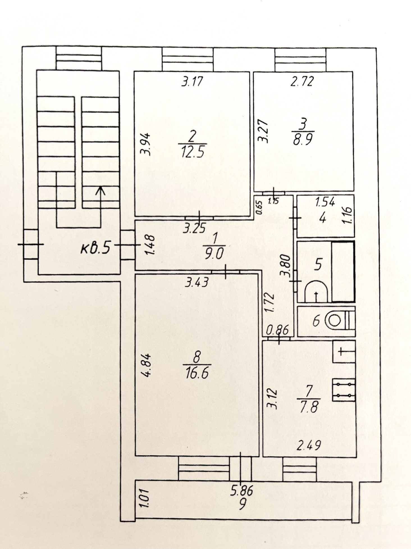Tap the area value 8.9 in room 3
[x=303, y=139]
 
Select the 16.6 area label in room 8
[x=197, y=373]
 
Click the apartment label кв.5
[x=95, y=249]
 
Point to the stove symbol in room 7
[x=344, y=390]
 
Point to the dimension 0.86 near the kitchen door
[x=277, y=330]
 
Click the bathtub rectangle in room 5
[x=343, y=271]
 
